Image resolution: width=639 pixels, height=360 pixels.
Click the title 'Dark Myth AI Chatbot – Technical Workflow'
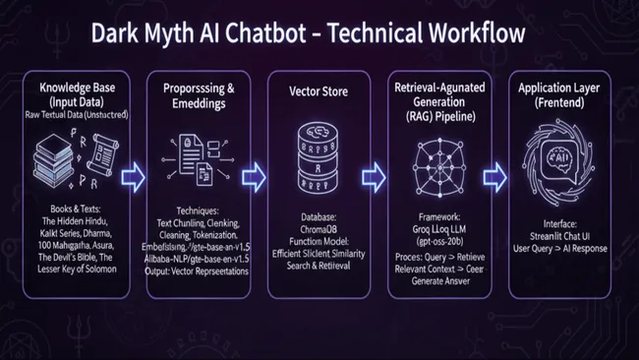coord(319,32)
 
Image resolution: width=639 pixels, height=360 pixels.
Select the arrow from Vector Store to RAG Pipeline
coord(374,177)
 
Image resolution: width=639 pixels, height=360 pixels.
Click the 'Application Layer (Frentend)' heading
coord(561,95)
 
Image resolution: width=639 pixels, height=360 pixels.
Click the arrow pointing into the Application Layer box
coord(495,177)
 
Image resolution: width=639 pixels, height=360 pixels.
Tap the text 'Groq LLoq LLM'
coord(438,225)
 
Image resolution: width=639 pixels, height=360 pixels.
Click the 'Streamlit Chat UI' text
coord(561,236)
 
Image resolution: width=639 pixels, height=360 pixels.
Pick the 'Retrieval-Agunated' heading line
coord(438,89)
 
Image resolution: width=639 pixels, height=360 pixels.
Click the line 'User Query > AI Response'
coord(561,248)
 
